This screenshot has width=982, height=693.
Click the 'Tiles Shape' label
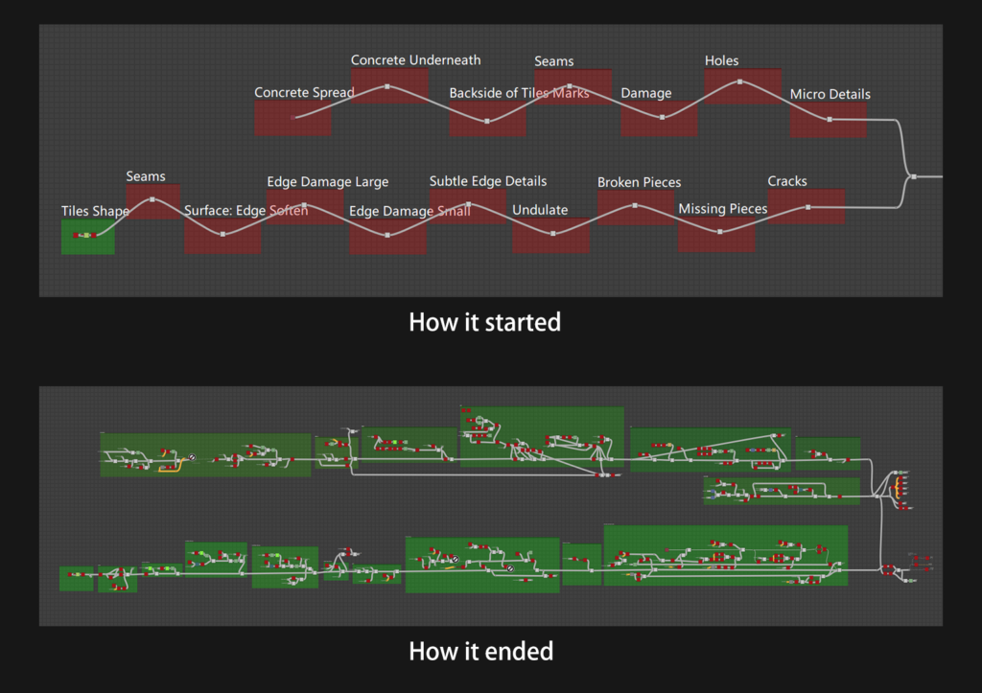(95, 211)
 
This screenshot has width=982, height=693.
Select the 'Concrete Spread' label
(304, 93)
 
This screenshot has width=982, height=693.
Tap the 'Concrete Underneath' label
(415, 60)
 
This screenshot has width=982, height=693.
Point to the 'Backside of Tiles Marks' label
(519, 93)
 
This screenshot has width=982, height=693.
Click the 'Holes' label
(721, 60)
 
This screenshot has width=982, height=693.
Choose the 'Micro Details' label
(830, 94)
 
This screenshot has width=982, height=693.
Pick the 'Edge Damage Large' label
(327, 182)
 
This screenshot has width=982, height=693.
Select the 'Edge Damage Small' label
(409, 212)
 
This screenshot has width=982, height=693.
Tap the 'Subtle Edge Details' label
(487, 181)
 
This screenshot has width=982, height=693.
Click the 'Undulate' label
(540, 210)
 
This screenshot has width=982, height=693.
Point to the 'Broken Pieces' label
(639, 182)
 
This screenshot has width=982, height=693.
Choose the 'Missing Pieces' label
(722, 209)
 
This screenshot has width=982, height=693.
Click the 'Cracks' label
(787, 181)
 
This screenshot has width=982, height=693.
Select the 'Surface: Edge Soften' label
(245, 211)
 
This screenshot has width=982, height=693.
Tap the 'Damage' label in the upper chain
(645, 93)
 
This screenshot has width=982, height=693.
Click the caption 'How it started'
(484, 322)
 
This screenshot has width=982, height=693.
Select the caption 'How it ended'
(480, 652)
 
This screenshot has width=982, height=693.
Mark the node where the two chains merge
(914, 176)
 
